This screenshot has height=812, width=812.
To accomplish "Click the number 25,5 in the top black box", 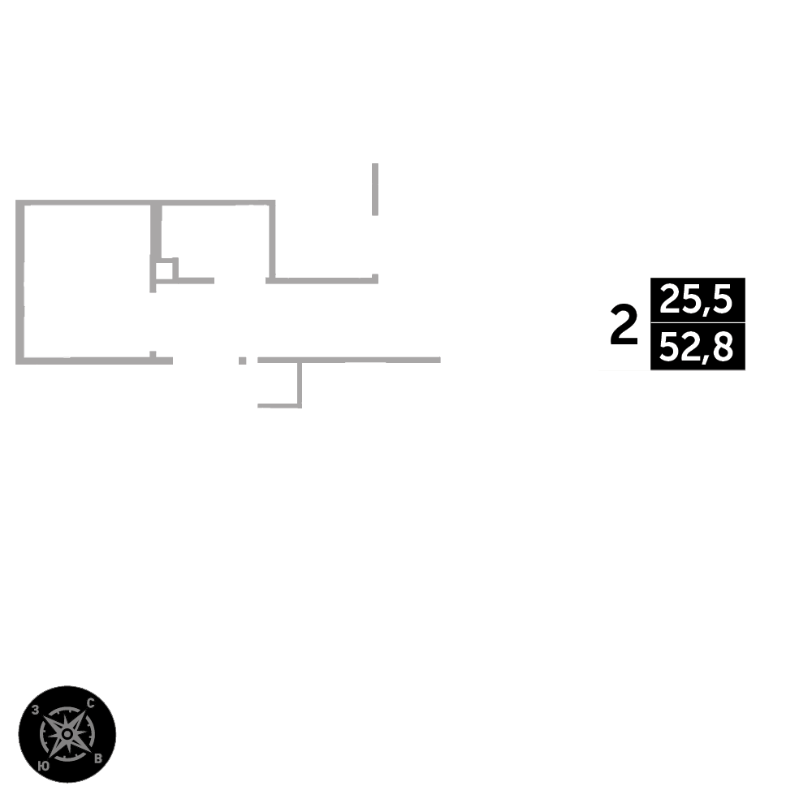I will click(697, 300).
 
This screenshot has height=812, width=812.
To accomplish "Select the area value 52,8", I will click(697, 348).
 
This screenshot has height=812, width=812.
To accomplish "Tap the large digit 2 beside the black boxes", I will click(624, 325).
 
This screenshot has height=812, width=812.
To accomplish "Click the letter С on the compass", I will click(90, 703).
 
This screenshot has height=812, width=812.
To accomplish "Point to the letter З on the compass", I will click(36, 710).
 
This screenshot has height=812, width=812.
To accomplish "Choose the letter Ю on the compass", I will click(44, 766).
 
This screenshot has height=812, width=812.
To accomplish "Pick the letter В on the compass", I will click(98, 758).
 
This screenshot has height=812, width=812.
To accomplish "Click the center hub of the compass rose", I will click(67, 734).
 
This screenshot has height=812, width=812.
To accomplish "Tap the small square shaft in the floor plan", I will click(164, 270).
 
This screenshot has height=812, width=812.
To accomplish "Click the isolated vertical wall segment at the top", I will click(375, 188).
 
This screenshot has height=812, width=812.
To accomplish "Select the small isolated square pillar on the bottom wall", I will click(242, 360).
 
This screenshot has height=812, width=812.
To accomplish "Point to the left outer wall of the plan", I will click(19, 280).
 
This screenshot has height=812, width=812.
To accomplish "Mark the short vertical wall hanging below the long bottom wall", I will click(300, 382).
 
